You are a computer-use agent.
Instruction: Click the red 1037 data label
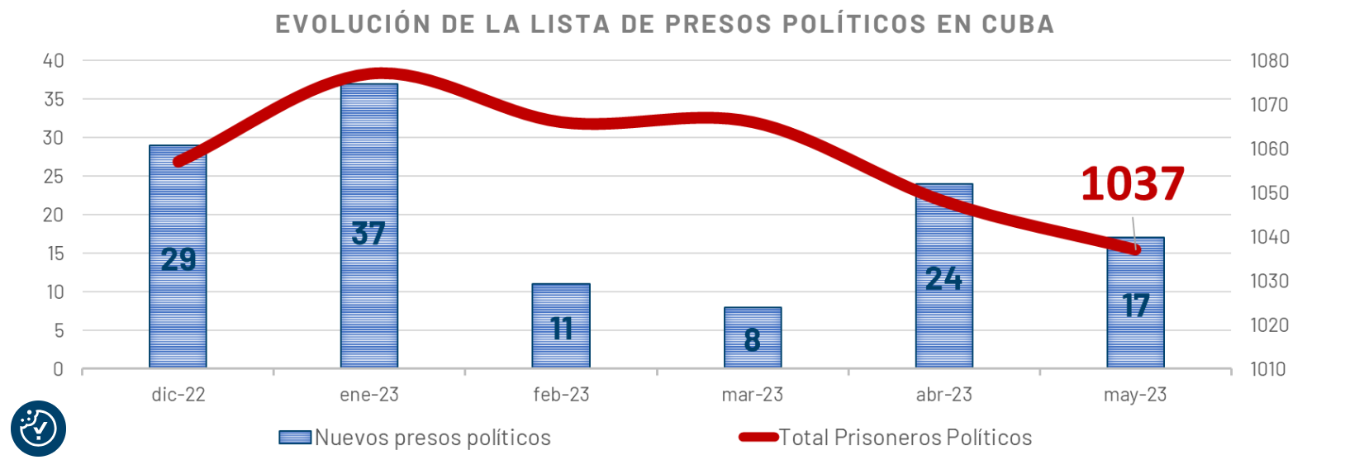[1132, 183]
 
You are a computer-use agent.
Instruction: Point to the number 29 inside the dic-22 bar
[178, 259]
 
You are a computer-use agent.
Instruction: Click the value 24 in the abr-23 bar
[943, 278]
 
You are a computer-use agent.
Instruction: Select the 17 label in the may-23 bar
[1136, 306]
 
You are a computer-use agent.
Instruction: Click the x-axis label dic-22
[178, 395]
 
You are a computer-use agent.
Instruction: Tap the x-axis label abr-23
[943, 395]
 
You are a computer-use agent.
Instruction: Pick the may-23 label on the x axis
[1135, 395]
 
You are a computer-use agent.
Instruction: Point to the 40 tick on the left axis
[54, 60]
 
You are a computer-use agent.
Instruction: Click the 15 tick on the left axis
[55, 254]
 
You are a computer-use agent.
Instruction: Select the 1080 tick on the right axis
[1269, 60]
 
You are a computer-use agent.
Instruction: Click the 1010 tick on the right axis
[1268, 369]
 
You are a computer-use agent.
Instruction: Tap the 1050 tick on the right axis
[1269, 192]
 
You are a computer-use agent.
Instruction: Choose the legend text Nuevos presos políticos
[432, 438]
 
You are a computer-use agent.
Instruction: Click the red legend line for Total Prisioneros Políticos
[758, 437]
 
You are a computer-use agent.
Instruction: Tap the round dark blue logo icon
[38, 429]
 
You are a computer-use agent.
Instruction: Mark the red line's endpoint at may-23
[1136, 249]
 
